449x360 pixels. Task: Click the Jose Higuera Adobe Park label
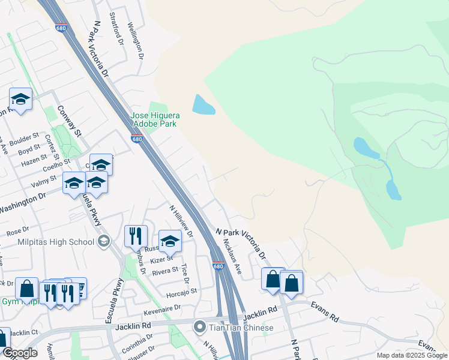coord(154,119)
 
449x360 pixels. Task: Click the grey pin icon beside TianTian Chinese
coord(199,327)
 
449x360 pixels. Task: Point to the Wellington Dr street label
coord(136,40)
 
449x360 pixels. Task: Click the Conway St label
coord(69,121)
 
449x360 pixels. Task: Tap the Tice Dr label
coord(184,273)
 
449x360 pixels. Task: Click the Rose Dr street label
coord(17,230)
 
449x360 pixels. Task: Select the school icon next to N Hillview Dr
coord(170,241)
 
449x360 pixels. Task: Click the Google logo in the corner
coord(19,353)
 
